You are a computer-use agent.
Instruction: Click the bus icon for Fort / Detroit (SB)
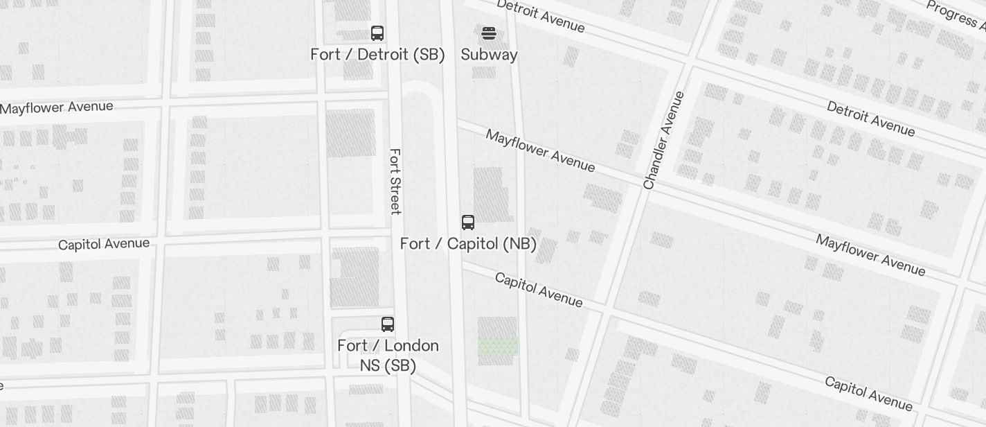coord(377,33)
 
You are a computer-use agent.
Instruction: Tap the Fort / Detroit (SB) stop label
coord(377,55)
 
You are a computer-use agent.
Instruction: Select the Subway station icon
coord(489,33)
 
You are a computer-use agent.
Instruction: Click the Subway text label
coord(489,55)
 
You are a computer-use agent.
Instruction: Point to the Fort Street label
coord(395,182)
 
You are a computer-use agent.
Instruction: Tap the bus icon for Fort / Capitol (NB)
coord(468,223)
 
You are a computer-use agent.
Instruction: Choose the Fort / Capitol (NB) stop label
coord(468,244)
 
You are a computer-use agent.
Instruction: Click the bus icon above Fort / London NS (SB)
coord(388,324)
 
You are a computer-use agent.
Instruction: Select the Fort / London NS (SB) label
coord(388,355)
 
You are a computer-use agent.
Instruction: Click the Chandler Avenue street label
coord(663,140)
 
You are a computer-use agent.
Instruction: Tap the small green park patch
coord(498,346)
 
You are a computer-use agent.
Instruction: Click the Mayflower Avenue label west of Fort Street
coord(57,108)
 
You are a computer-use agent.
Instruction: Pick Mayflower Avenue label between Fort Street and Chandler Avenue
coord(540,150)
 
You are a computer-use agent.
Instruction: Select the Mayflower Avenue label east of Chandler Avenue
coord(870,254)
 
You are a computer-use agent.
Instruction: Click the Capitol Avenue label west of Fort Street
coord(104,244)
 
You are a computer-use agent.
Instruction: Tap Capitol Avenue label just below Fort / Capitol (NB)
coord(539,290)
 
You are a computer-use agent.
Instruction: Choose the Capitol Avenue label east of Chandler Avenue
coord(868,394)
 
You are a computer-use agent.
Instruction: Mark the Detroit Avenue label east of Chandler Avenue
coord(870,119)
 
